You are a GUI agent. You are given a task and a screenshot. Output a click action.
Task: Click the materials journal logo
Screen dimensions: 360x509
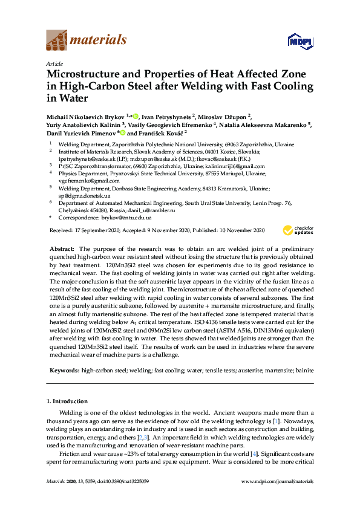[x=87, y=41]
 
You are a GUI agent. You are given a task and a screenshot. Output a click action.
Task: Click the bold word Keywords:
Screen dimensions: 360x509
[x=64, y=368]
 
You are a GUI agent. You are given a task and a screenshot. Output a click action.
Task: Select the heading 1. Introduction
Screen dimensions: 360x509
[x=68, y=401]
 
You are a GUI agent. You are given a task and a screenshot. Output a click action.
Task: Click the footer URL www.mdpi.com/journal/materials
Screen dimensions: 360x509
[x=277, y=482]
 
